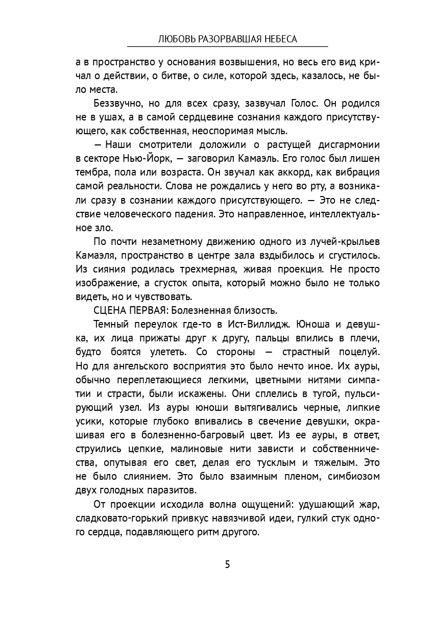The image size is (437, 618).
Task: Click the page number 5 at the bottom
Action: pyautogui.click(x=227, y=564)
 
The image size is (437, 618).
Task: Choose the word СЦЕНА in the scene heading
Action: pyautogui.click(x=108, y=310)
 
